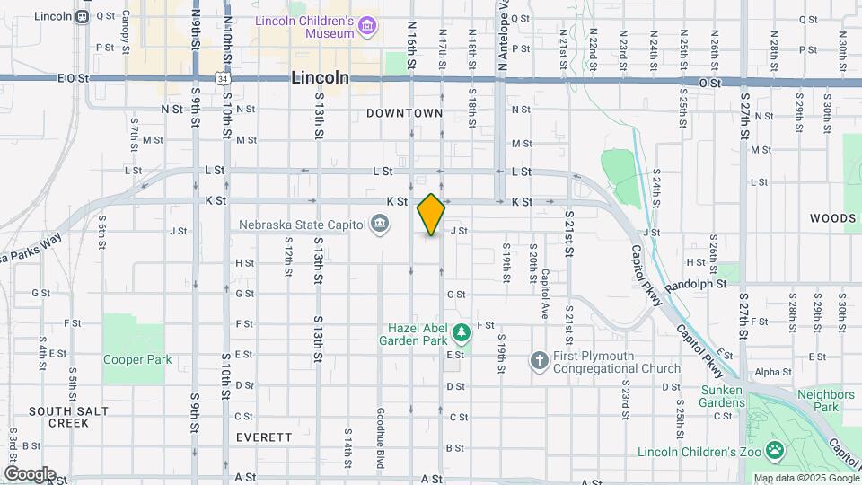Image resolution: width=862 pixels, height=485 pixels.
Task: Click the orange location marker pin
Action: [x=431, y=214]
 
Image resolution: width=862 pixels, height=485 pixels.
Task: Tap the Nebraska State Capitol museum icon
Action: [x=380, y=223]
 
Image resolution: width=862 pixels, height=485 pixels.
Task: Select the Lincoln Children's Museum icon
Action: [x=365, y=27]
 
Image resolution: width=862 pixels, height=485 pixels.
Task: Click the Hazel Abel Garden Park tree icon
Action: [x=462, y=334]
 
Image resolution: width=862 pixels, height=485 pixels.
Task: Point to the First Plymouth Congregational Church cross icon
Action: [x=539, y=361]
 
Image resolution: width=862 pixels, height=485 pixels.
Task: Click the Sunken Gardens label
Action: [x=723, y=396]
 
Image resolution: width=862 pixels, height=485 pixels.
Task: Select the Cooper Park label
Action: [x=136, y=359]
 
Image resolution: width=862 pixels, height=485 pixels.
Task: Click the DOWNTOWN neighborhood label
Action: [x=405, y=113]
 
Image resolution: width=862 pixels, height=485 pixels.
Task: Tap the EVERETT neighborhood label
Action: [x=264, y=437]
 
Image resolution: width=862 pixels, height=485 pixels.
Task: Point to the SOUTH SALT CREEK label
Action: [x=68, y=417]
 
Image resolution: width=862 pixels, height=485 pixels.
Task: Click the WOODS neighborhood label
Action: [x=832, y=218]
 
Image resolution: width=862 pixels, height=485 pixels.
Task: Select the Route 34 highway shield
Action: [x=221, y=79]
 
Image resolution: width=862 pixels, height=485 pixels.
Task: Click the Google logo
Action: [x=30, y=473]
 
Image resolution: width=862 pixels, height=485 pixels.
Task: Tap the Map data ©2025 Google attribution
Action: [x=805, y=478]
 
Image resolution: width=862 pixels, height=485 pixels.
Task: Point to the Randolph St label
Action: [x=696, y=284]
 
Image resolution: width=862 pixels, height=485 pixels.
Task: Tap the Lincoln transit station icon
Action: [x=82, y=16]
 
